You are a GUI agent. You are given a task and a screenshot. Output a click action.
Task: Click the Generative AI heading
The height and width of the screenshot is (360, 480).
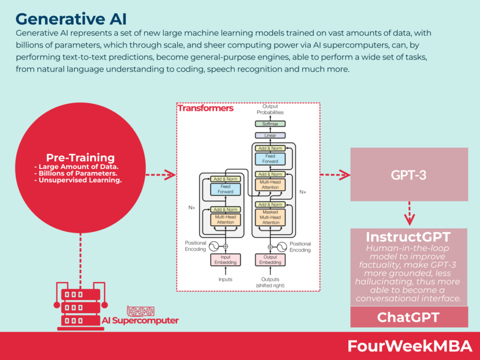(71, 19)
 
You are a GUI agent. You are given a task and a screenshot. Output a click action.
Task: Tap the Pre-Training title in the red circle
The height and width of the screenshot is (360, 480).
(80, 158)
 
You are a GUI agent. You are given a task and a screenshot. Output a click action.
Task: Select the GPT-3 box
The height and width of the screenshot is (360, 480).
(409, 174)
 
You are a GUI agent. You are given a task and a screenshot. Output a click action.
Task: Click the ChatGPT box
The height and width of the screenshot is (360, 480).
(409, 317)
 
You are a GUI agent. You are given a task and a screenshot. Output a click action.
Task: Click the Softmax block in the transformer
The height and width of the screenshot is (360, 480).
(270, 124)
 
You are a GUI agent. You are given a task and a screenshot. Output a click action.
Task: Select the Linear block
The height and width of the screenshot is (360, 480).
(270, 135)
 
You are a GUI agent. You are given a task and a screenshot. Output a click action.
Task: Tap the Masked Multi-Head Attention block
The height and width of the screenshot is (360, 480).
(270, 217)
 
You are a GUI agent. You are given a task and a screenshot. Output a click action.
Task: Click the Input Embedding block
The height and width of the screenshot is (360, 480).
(225, 260)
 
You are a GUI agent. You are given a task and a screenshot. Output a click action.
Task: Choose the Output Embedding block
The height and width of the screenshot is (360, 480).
(270, 260)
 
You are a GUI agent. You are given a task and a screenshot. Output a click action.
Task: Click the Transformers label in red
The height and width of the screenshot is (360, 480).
(205, 108)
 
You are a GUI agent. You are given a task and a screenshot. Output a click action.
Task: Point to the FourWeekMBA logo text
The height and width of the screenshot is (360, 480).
(409, 346)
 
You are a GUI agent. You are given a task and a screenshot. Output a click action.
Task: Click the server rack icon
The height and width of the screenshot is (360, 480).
(80, 307)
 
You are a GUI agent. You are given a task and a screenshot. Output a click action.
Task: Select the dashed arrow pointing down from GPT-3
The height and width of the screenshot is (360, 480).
(409, 212)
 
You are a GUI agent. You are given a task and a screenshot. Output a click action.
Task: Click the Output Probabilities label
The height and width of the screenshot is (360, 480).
(270, 110)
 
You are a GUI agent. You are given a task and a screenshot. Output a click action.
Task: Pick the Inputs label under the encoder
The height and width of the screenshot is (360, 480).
(225, 279)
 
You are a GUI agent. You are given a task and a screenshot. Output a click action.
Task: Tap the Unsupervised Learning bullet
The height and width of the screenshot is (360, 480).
(78, 180)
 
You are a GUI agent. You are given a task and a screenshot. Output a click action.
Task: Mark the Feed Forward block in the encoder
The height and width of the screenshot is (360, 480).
(225, 189)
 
